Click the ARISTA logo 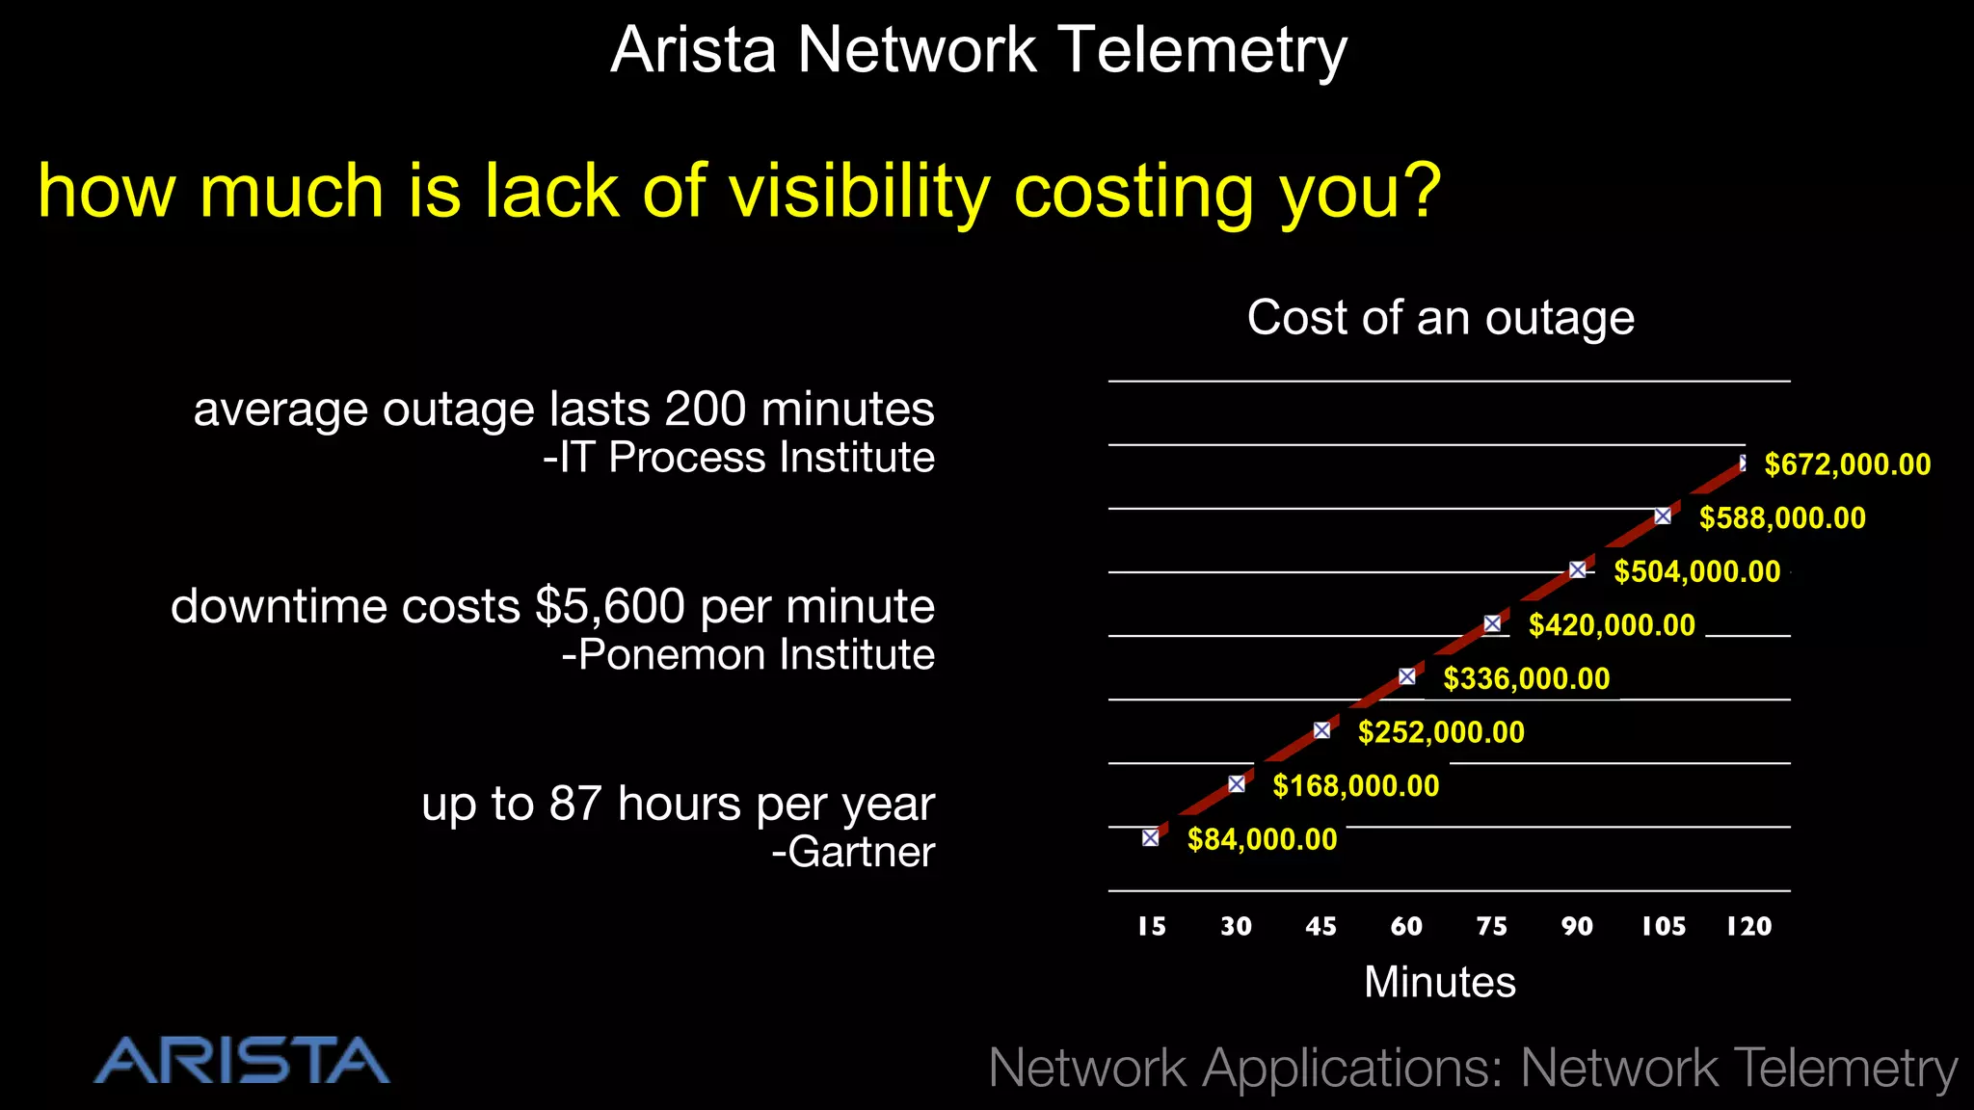point(242,1061)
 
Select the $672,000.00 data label point(1847,464)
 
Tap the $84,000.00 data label point(1262,839)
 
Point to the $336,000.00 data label point(1526,678)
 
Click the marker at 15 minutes point(1150,837)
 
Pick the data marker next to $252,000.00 point(1321,730)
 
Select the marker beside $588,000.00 point(1663,516)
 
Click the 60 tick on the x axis point(1406,927)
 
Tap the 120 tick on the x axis point(1748,927)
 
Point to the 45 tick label point(1320,927)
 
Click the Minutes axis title point(1439,982)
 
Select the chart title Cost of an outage point(1440,317)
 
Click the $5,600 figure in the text point(610,607)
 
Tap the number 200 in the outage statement point(705,409)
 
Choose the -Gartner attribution point(852,852)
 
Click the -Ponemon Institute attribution point(748,655)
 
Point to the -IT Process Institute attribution point(738,458)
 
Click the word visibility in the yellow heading point(859,191)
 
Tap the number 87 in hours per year point(575,804)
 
